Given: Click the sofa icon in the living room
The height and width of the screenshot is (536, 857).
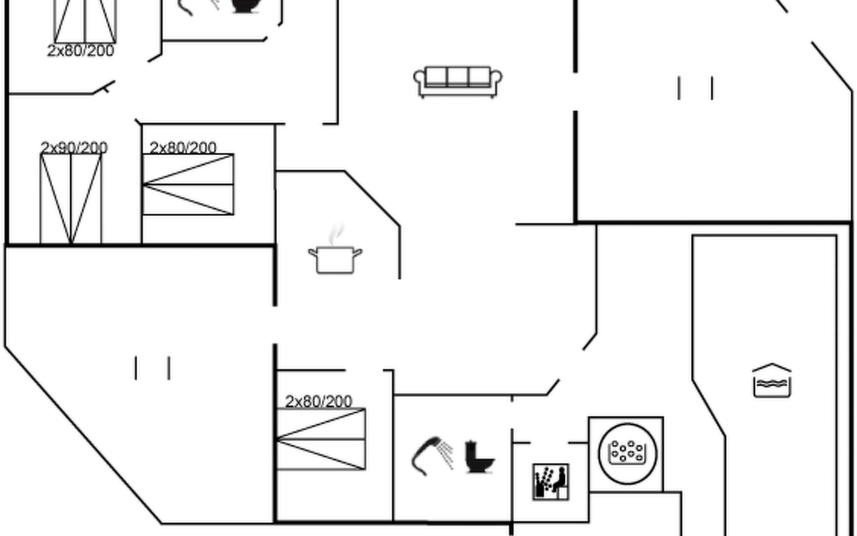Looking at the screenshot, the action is (458, 82).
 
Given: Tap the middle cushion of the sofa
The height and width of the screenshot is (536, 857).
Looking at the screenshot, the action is (458, 76).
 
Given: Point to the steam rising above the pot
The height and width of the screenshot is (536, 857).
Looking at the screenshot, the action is (337, 233).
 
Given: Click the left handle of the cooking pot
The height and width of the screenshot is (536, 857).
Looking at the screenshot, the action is (312, 253).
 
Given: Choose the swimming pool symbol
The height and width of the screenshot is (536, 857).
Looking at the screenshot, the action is (772, 381).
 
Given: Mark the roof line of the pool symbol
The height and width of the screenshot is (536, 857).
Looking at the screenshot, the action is (772, 368).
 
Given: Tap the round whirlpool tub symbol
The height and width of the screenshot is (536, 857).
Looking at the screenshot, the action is (627, 453).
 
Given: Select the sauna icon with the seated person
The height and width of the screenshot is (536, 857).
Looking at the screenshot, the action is (551, 482).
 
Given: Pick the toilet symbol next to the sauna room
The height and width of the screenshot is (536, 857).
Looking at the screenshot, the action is (478, 456).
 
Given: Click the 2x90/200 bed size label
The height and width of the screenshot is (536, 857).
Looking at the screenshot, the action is (74, 147).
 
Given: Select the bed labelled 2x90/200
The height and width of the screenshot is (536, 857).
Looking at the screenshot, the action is (71, 199).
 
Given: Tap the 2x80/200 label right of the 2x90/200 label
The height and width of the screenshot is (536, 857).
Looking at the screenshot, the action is (183, 147).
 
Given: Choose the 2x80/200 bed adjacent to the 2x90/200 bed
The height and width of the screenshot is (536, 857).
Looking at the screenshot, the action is (188, 184).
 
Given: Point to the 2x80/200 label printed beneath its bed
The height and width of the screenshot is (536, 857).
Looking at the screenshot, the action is (81, 50).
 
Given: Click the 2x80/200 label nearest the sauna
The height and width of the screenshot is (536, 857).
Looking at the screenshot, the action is (319, 401).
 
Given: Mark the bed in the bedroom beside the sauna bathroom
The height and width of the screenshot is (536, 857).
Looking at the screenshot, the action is (321, 439).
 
